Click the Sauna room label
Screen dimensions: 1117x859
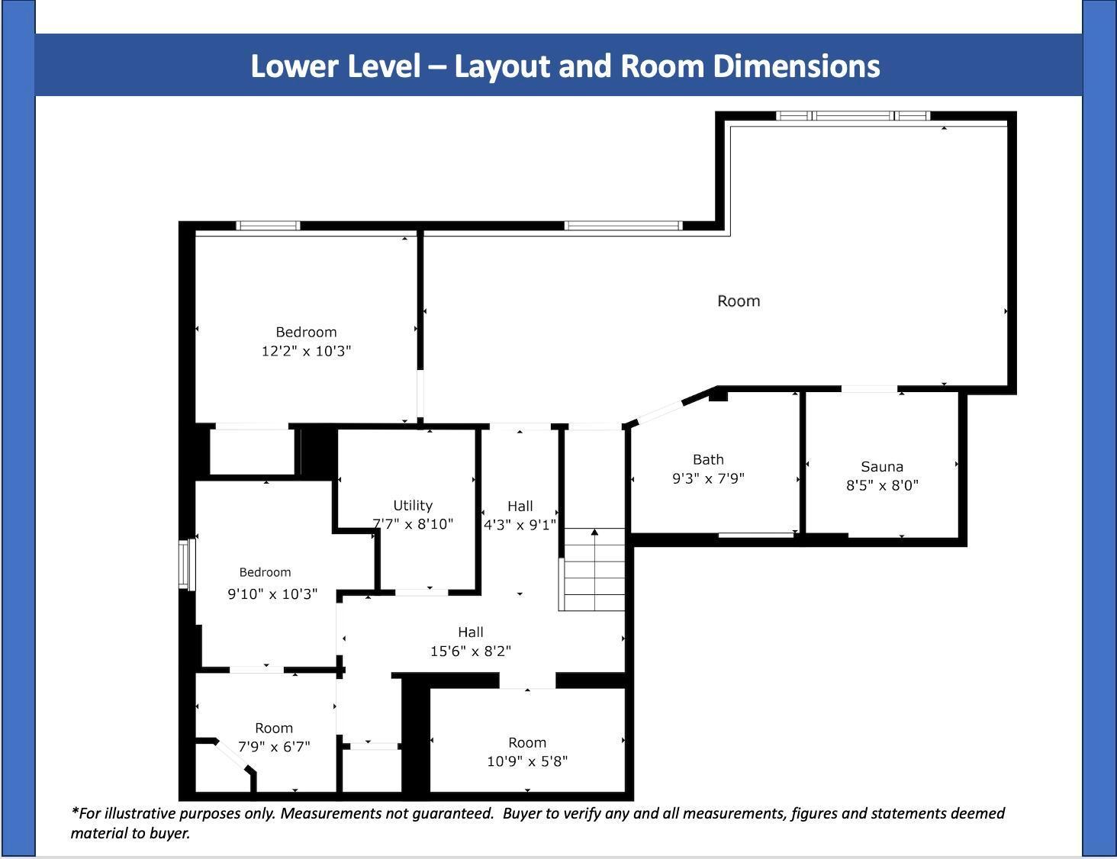(881, 466)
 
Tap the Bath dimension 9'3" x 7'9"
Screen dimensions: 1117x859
(708, 478)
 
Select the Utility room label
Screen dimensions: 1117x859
(413, 506)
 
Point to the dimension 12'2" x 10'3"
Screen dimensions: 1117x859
(307, 351)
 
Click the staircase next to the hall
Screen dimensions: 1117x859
(594, 569)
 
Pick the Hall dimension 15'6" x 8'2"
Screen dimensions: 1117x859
(471, 651)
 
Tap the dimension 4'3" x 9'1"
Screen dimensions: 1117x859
(520, 525)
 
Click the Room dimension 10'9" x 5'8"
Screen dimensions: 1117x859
(527, 761)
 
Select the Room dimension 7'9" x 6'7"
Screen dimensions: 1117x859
(274, 747)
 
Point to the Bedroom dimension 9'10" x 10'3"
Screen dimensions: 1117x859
(272, 594)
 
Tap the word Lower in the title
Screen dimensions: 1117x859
(293, 67)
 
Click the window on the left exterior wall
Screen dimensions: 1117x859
(187, 564)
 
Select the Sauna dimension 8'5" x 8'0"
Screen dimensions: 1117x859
(882, 485)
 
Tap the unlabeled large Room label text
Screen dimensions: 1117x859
(739, 301)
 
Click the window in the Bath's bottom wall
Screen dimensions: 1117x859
(755, 536)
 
